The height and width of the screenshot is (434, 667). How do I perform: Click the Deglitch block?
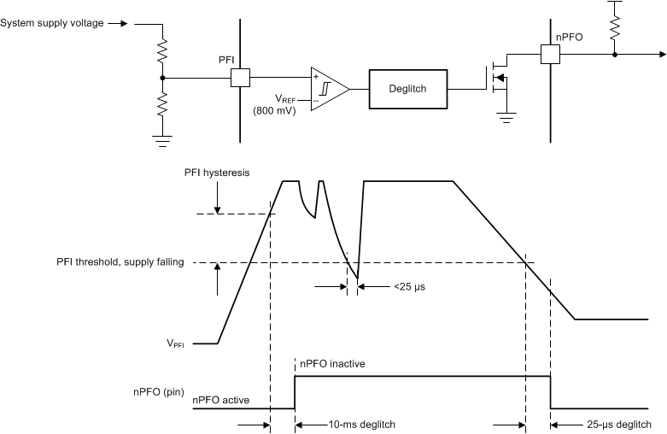(x=407, y=89)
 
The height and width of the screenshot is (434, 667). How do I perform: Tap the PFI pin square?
(x=240, y=78)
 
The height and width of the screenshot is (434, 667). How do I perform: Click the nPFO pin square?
(x=551, y=55)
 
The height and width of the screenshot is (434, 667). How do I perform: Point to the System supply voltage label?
(x=52, y=23)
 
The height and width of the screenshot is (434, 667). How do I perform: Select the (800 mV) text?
(x=274, y=111)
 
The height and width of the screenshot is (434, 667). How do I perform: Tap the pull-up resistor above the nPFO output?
(x=615, y=26)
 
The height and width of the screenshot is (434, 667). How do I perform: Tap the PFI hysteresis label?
(x=217, y=173)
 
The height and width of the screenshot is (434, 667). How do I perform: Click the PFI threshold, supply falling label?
(x=115, y=262)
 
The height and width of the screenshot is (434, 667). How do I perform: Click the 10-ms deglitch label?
(x=362, y=424)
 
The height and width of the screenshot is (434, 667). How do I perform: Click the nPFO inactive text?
(x=332, y=364)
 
